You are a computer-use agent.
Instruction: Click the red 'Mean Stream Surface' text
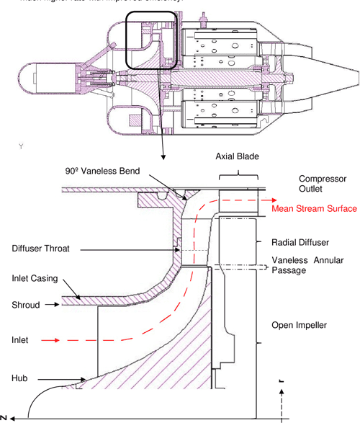[x=314, y=209]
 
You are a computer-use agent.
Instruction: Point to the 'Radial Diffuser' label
[x=300, y=243]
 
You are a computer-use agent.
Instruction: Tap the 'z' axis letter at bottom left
[x=4, y=417]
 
